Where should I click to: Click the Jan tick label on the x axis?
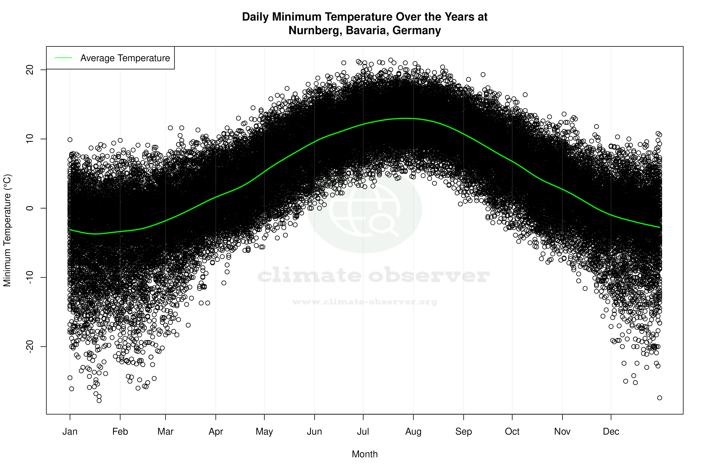coord(70,432)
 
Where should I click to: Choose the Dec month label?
coord(611,432)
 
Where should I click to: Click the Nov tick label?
coord(562,432)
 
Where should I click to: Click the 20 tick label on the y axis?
coord(30,70)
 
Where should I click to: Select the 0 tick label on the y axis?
coord(30,208)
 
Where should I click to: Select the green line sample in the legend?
coord(63,58)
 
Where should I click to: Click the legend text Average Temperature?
coord(125,58)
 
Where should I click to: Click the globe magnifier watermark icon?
coord(365,210)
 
